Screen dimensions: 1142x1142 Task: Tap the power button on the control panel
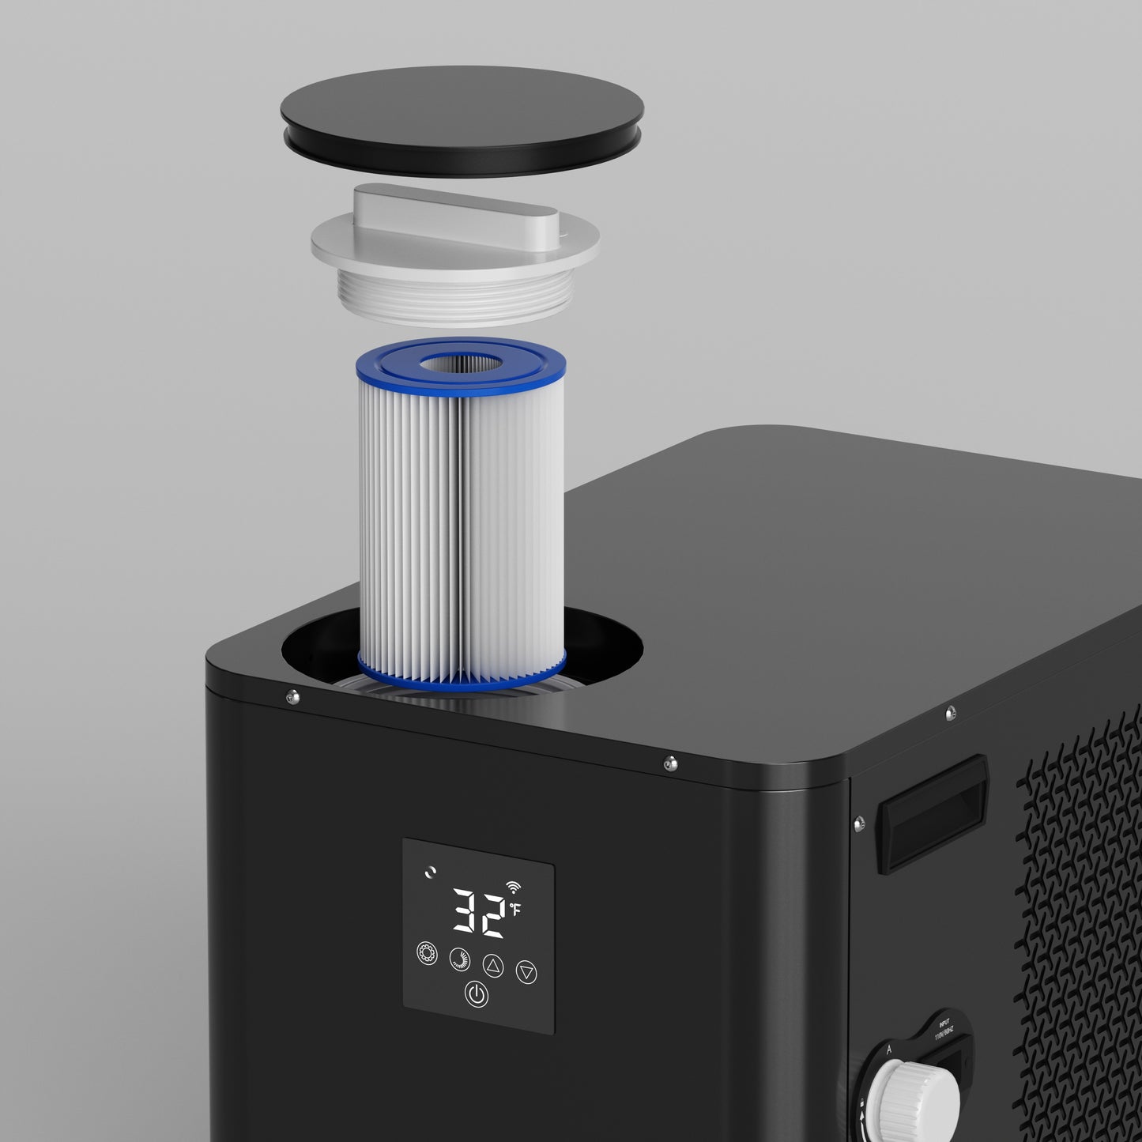click(476, 994)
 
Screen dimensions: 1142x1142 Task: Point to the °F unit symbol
click(515, 909)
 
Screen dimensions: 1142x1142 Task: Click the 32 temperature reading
click(479, 914)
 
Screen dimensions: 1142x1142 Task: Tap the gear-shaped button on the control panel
click(427, 953)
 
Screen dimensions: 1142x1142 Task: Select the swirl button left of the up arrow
click(459, 959)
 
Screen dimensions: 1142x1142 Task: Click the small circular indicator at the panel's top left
click(429, 873)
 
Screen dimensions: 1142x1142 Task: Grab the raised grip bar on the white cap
click(454, 211)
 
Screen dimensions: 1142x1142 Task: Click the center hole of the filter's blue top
click(461, 364)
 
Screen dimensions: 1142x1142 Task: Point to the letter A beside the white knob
click(888, 1050)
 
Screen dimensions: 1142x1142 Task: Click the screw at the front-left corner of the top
click(292, 696)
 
